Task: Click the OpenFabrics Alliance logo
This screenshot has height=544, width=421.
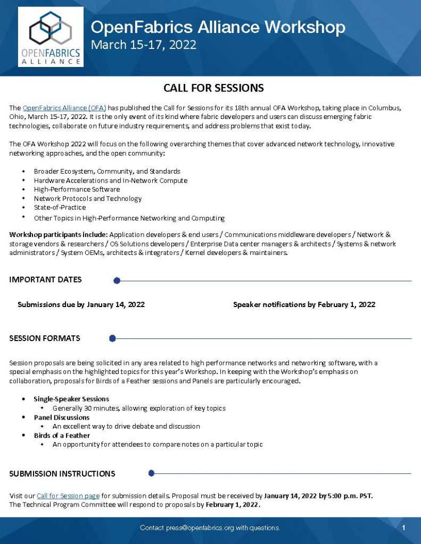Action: (x=51, y=37)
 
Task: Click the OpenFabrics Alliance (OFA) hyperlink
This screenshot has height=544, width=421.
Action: (x=64, y=108)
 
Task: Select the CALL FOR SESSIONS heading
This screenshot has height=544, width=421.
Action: (x=213, y=88)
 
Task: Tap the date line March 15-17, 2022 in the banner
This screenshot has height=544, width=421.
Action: (x=143, y=45)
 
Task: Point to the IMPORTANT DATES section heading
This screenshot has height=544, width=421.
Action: (x=45, y=280)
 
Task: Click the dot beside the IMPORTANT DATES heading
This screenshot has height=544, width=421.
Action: (x=117, y=280)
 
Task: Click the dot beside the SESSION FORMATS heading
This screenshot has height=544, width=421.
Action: (x=112, y=338)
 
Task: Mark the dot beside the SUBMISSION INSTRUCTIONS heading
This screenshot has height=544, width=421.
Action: (x=151, y=473)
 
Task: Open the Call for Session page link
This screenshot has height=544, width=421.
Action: (x=68, y=496)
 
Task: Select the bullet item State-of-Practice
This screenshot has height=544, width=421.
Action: (x=60, y=208)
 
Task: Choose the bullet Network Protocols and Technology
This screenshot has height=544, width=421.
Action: (x=88, y=199)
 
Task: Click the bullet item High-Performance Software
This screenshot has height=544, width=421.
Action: (x=77, y=190)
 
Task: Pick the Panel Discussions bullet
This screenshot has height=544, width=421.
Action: (x=61, y=418)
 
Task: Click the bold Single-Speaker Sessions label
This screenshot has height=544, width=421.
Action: (x=71, y=399)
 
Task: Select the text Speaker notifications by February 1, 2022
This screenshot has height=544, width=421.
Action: (x=304, y=305)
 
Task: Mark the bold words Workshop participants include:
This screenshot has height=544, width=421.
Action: (x=58, y=234)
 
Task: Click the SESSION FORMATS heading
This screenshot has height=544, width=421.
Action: (x=45, y=338)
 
